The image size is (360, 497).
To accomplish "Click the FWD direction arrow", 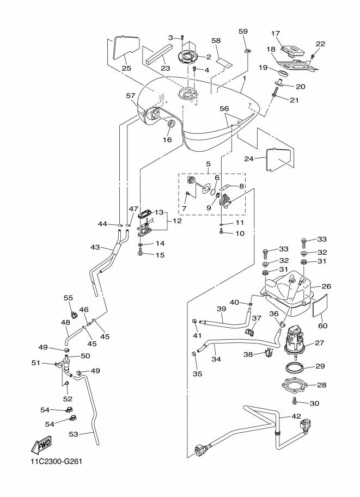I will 40,446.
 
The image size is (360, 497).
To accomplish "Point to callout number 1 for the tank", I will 245,78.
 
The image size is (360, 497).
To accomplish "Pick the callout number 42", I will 296,416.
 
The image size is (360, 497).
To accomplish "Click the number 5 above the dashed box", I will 208,164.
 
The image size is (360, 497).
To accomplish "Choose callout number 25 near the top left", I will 126,68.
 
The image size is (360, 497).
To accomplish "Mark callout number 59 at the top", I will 243,32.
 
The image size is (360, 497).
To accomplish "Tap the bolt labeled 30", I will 295,401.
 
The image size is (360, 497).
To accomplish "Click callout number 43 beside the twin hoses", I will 95,247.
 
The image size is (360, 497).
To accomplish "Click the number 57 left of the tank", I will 130,95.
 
